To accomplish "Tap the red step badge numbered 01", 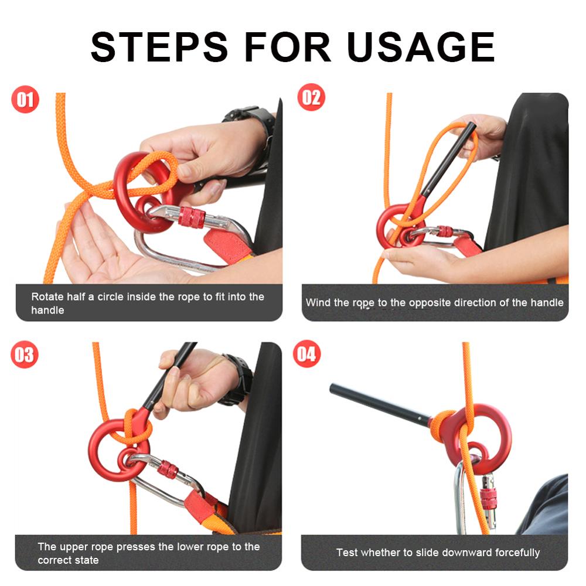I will [25, 100].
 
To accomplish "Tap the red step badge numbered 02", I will [311, 97].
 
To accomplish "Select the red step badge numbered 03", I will [25, 356].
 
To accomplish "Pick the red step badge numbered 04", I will [307, 354].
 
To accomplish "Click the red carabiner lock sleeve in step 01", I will [192, 217].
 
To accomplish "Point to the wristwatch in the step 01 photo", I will [252, 117].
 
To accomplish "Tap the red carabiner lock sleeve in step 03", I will [168, 469].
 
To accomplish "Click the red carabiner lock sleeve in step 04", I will [488, 498].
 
